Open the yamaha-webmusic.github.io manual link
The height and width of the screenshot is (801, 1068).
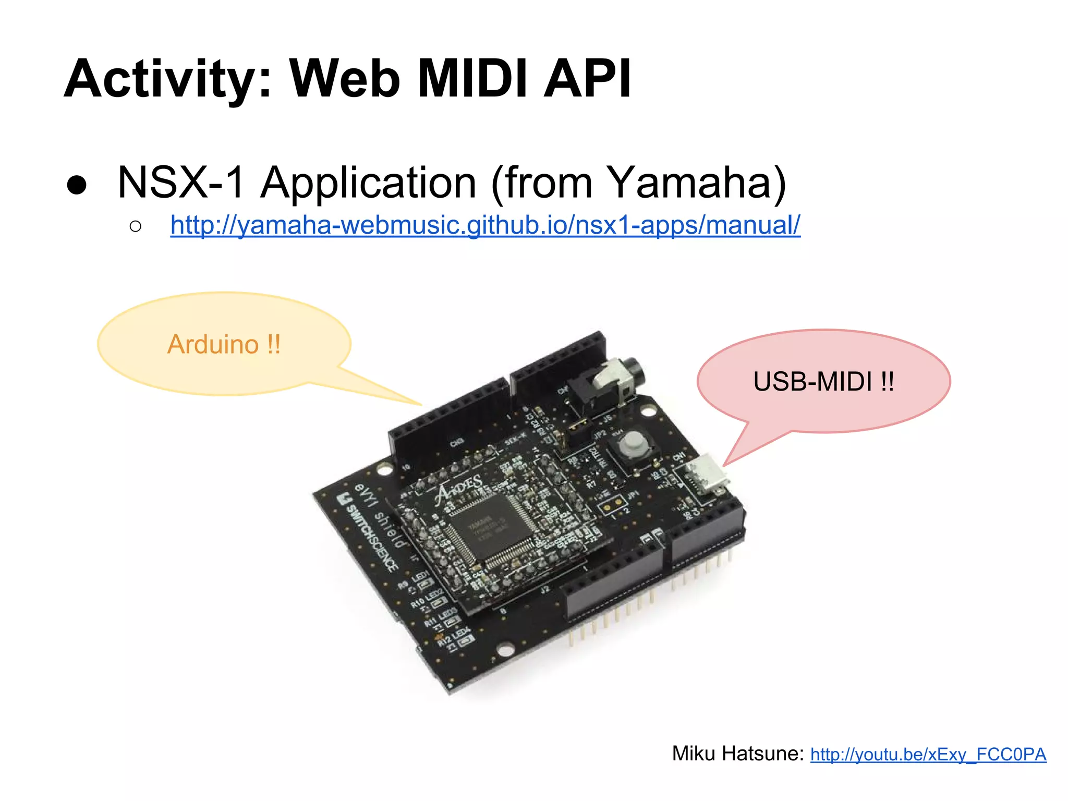[485, 225]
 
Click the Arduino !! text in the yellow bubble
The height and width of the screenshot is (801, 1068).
[224, 345]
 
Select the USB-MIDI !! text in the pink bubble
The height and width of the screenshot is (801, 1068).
[823, 382]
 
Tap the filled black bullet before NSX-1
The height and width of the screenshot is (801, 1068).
[77, 185]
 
